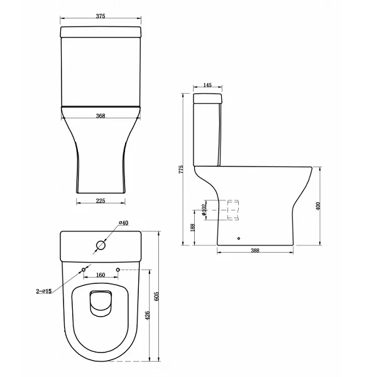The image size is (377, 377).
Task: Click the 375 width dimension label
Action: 101,16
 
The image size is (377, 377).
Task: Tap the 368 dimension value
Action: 101,116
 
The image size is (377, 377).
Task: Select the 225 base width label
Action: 101,201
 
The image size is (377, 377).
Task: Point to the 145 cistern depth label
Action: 207,85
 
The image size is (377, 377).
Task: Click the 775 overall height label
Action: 182,170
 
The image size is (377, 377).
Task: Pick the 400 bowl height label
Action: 318,206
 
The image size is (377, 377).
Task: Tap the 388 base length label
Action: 255,251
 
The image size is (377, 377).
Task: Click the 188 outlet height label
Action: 193,227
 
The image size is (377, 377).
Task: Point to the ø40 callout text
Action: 123,223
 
